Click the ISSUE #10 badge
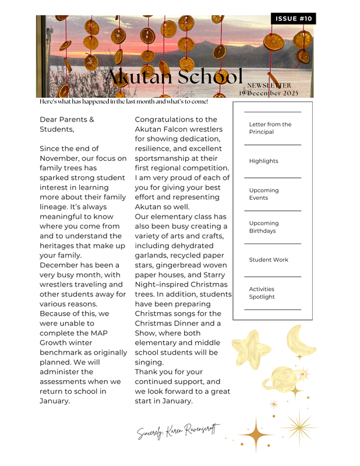(294, 19)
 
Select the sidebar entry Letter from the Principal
(270, 128)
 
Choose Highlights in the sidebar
(263, 161)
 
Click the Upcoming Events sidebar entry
(263, 194)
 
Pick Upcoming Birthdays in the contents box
(263, 227)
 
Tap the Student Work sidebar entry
(268, 260)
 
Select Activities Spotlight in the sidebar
(262, 293)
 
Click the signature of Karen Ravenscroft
(178, 432)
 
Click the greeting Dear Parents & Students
(66, 124)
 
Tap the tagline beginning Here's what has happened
(123, 102)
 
